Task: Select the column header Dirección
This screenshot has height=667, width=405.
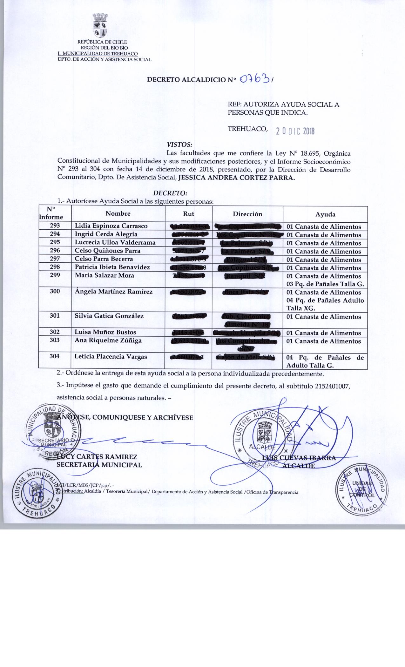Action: pyautogui.click(x=247, y=214)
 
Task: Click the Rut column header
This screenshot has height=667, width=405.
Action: pyautogui.click(x=189, y=214)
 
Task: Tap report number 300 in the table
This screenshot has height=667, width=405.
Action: pyautogui.click(x=55, y=291)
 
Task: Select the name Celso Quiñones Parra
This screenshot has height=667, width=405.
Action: pyautogui.click(x=107, y=251)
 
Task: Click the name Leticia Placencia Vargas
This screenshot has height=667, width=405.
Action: pyautogui.click(x=111, y=357)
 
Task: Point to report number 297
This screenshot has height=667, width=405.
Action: pyautogui.click(x=55, y=259)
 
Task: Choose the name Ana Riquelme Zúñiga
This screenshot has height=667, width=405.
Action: pyautogui.click(x=108, y=340)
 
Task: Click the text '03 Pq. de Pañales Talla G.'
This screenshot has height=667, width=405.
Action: pyautogui.click(x=325, y=284)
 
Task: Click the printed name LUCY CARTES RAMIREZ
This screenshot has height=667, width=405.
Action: pyautogui.click(x=97, y=457)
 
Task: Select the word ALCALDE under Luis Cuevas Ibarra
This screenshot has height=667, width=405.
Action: pyautogui.click(x=299, y=466)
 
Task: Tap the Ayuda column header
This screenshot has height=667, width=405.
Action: pyautogui.click(x=325, y=214)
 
